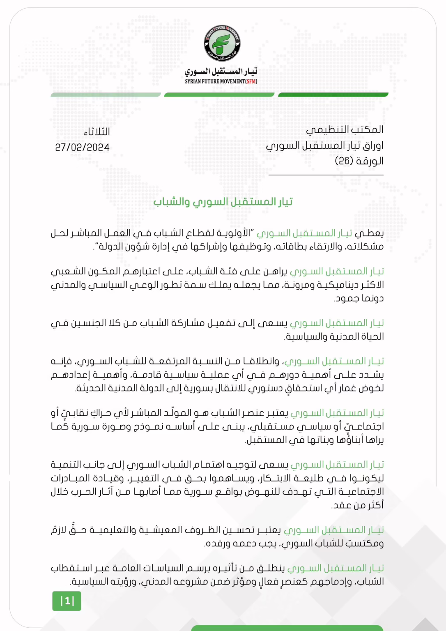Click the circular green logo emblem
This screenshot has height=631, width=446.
pyautogui.click(x=222, y=44)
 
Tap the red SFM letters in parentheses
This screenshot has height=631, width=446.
pyautogui.click(x=251, y=81)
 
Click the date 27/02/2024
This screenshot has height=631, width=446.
pyautogui.click(x=82, y=147)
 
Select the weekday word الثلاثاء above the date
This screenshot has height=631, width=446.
pyautogui.click(x=97, y=132)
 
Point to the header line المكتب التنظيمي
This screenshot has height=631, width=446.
pyautogui.click(x=345, y=130)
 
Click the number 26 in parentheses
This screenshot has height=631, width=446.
pyautogui.click(x=344, y=161)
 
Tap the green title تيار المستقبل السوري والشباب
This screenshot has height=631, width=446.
pyautogui.click(x=223, y=202)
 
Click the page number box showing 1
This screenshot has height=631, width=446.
pyautogui.click(x=67, y=601)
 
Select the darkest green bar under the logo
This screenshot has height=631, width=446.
pyautogui.click(x=333, y=95)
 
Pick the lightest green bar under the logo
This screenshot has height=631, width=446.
pyautogui.click(x=106, y=95)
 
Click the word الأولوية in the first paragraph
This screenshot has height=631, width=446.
pyautogui.click(x=233, y=233)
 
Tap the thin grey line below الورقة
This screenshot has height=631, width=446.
pyautogui.click(x=326, y=175)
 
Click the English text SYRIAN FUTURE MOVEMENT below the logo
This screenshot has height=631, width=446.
pyautogui.click(x=214, y=81)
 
